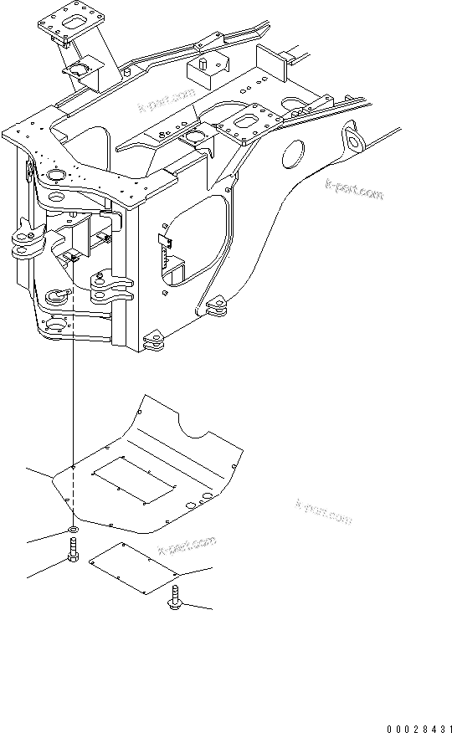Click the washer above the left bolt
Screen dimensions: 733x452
point(74,531)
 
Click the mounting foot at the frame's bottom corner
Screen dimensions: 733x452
point(155,341)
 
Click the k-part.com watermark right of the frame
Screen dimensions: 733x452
point(354,191)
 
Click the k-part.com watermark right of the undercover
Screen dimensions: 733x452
point(324,511)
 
